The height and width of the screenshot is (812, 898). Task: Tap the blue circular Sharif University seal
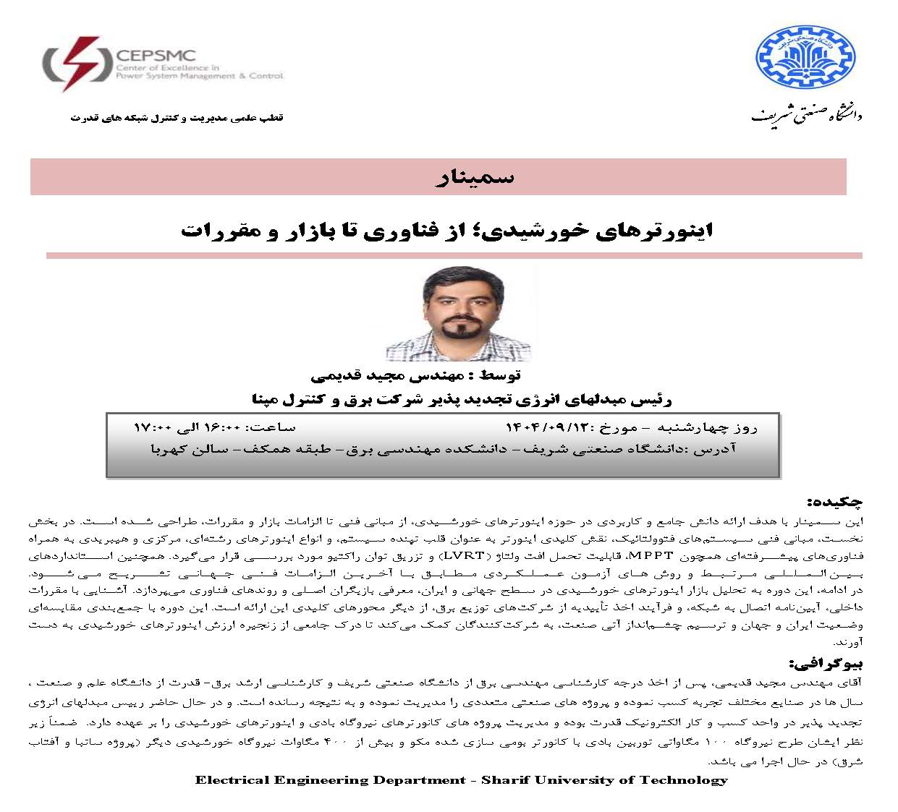(x=805, y=59)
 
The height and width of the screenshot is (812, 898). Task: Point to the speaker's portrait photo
(x=458, y=314)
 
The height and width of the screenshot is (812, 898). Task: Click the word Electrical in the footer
(x=231, y=779)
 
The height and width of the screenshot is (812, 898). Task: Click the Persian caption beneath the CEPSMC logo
(x=177, y=117)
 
